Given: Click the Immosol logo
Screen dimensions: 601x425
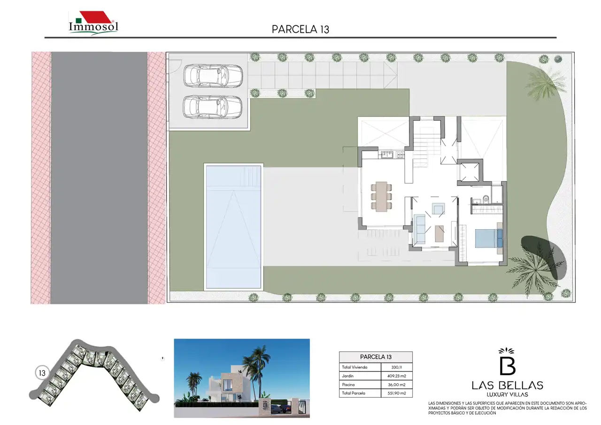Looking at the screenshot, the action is click(x=93, y=23).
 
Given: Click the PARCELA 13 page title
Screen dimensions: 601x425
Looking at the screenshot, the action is click(x=300, y=30).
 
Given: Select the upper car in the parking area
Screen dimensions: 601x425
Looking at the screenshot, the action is click(x=213, y=76).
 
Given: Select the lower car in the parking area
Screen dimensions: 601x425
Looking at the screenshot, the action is click(x=213, y=107).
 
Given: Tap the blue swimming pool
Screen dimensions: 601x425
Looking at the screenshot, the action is click(x=233, y=227).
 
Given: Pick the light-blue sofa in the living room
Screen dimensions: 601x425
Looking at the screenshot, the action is click(x=420, y=229).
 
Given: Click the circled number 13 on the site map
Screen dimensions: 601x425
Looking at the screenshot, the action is click(x=42, y=373).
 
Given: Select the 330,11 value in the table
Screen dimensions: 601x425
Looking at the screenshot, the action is click(x=397, y=367).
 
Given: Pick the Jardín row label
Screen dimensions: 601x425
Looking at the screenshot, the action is click(x=348, y=376).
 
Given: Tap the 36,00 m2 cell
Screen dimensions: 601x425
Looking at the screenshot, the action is click(x=397, y=385).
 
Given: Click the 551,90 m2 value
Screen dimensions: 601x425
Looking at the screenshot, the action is click(x=397, y=393).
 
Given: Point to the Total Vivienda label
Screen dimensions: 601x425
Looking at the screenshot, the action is click(x=354, y=367).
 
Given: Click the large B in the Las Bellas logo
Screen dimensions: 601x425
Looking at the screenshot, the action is click(x=508, y=365).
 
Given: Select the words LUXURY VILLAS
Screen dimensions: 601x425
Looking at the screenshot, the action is click(x=508, y=394).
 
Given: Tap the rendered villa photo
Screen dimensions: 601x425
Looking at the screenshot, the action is click(x=242, y=379).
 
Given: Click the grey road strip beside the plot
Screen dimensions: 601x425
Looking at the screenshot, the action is click(x=99, y=178).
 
